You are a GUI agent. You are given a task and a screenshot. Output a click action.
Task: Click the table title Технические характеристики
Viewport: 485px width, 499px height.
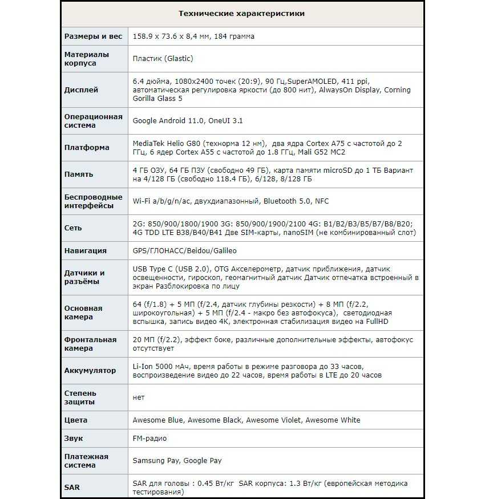(x=241, y=13)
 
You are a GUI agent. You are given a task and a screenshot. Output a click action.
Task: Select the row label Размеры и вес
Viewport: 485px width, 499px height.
(x=93, y=36)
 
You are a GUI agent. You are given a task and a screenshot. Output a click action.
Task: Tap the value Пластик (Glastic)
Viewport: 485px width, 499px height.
(x=163, y=58)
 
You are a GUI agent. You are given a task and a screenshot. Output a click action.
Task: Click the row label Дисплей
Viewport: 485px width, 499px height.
(x=81, y=90)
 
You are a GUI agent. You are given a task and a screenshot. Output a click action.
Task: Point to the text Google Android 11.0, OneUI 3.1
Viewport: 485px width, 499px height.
(x=188, y=121)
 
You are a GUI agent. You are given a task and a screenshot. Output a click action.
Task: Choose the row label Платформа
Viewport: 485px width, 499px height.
(x=87, y=147)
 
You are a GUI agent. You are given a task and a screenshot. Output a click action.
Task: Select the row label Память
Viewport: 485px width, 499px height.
(x=79, y=174)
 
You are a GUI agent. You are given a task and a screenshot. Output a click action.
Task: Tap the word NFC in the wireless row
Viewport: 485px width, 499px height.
(x=322, y=201)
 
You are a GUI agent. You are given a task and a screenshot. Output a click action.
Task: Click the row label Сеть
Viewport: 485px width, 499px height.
(x=73, y=228)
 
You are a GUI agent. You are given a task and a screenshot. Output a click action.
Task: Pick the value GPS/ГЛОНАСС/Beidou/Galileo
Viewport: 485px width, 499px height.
(x=184, y=250)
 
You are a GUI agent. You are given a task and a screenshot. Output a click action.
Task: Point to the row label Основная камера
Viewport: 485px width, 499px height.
(x=83, y=313)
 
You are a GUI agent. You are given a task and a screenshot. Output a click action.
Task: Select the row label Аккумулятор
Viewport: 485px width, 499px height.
(x=90, y=370)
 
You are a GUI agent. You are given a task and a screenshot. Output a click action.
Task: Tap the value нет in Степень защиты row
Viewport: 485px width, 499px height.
(x=139, y=397)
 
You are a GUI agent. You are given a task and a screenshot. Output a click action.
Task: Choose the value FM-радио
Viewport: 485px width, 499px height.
(x=149, y=438)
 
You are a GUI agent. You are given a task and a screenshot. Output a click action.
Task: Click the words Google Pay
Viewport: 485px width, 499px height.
(x=203, y=460)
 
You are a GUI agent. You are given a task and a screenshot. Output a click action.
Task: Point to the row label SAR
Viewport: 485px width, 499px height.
(x=72, y=487)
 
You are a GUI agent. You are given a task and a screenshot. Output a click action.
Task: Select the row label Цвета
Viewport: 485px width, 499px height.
(x=76, y=420)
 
